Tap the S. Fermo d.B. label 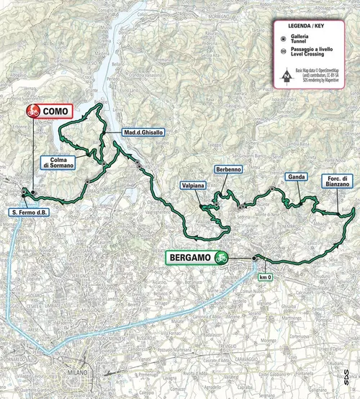point(27,212)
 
